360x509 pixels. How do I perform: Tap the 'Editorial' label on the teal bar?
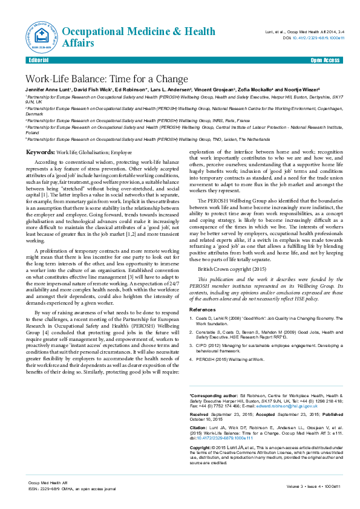click(39, 61)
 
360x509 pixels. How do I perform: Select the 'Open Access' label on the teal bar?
click(325, 61)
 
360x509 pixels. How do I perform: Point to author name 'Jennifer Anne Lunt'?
click(48, 89)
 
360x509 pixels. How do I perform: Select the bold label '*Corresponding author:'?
click(213, 395)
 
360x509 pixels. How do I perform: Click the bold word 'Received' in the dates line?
click(200, 415)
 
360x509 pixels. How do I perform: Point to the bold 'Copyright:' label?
click(202, 447)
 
